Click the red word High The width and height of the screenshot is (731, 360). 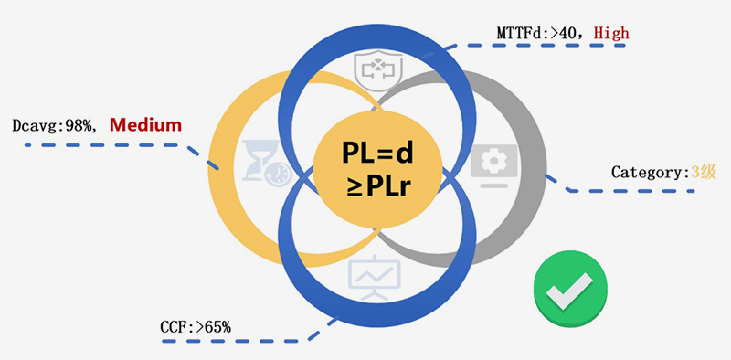click(611, 33)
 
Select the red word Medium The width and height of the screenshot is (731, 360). click(145, 125)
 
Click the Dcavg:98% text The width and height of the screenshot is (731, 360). click(52, 125)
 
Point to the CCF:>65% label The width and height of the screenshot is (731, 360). click(196, 327)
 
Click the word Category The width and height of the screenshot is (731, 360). click(647, 172)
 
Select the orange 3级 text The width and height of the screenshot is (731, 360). click(703, 172)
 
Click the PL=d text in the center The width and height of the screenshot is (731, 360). click(377, 153)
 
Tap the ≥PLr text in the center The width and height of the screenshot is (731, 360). click(378, 187)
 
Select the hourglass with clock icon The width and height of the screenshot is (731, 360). click(267, 163)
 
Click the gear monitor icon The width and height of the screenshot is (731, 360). click(493, 165)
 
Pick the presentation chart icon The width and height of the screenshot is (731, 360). click(374, 280)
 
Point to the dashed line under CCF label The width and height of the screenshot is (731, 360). click(242, 341)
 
